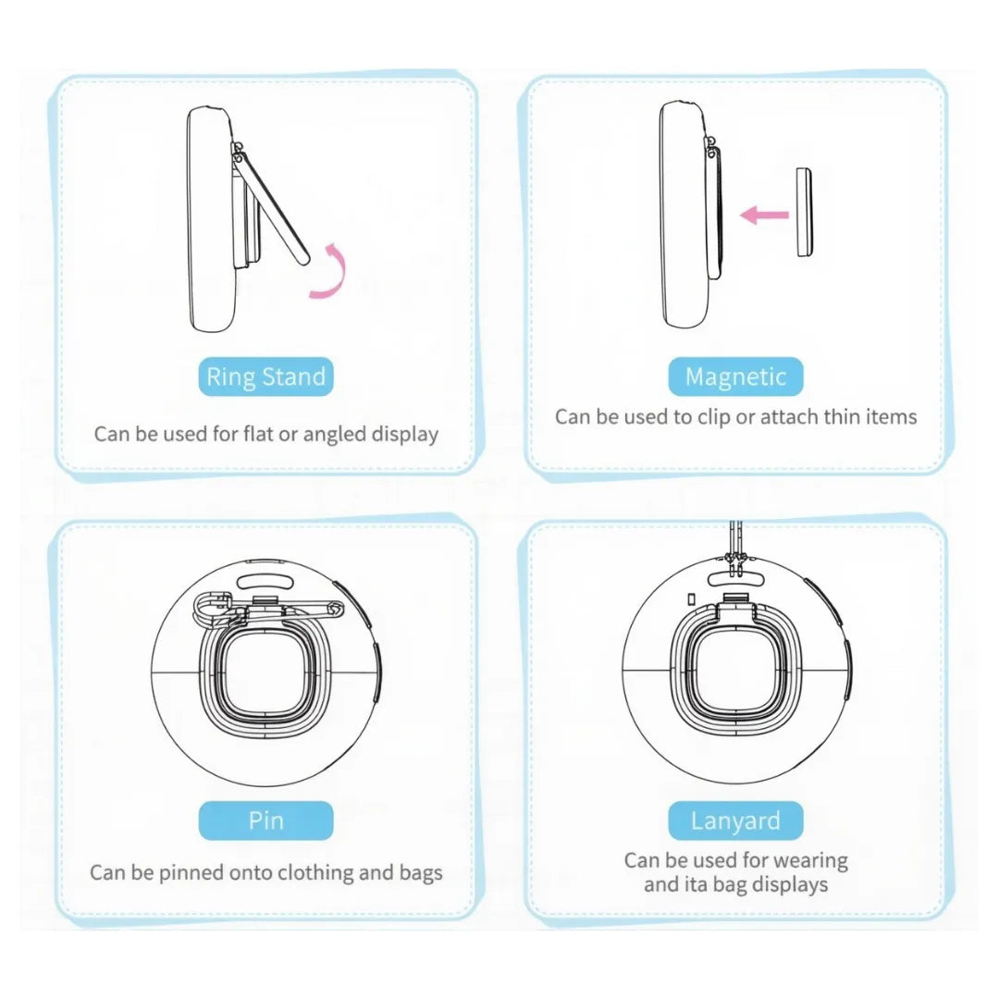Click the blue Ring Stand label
coord(265,377)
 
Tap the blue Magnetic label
coord(735,377)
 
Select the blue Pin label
coord(265,820)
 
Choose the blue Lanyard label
coord(735,820)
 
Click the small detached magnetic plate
coord(804,213)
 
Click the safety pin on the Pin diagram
coord(268,606)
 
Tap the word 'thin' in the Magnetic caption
coord(837,417)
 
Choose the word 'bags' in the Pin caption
coord(418,872)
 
